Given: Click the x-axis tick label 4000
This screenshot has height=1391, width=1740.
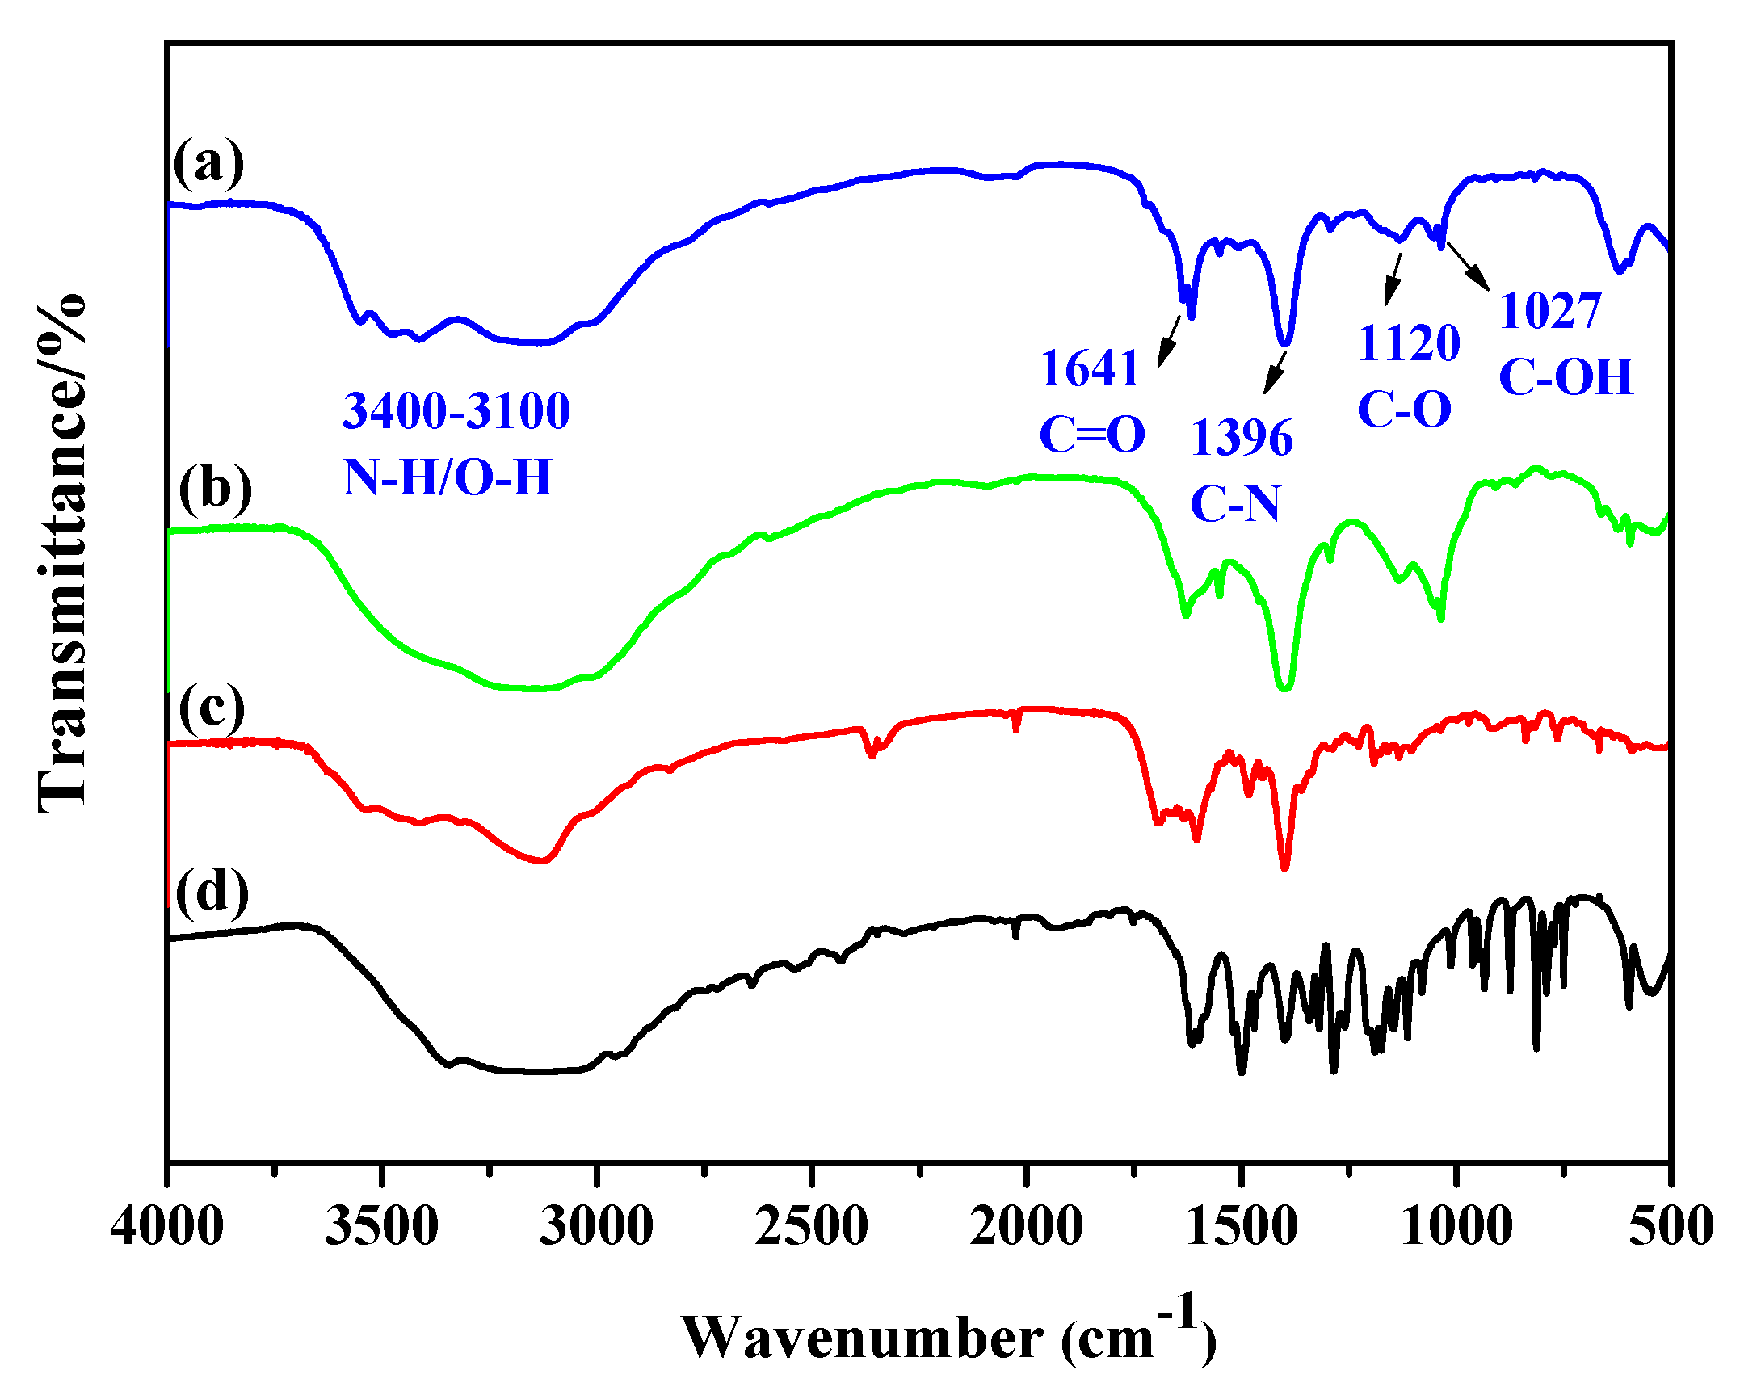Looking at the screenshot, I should [x=167, y=1227].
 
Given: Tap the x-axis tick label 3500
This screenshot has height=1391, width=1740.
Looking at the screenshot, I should [x=381, y=1227].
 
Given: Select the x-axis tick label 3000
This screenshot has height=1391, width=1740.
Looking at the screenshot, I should [x=596, y=1227].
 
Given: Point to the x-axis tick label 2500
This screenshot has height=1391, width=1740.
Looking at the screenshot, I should [x=811, y=1227].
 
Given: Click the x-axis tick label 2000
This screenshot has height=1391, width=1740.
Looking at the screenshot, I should [x=1026, y=1227].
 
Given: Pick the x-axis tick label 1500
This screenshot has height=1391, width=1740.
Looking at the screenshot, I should [x=1241, y=1227].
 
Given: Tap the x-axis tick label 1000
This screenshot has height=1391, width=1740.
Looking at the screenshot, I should [x=1456, y=1227].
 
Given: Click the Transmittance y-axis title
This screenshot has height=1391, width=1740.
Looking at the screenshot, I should [x=63, y=553].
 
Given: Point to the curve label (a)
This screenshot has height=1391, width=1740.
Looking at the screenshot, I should [x=208, y=162].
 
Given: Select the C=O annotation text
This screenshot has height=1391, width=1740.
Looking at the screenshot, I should [x=1092, y=435].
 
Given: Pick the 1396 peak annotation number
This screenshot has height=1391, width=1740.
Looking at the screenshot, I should [x=1242, y=439].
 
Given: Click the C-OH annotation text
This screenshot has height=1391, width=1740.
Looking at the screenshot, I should [x=1566, y=376].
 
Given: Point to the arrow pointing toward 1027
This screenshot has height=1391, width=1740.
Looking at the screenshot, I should [x=1467, y=265].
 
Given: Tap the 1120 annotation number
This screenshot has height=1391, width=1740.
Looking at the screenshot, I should [x=1409, y=343].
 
